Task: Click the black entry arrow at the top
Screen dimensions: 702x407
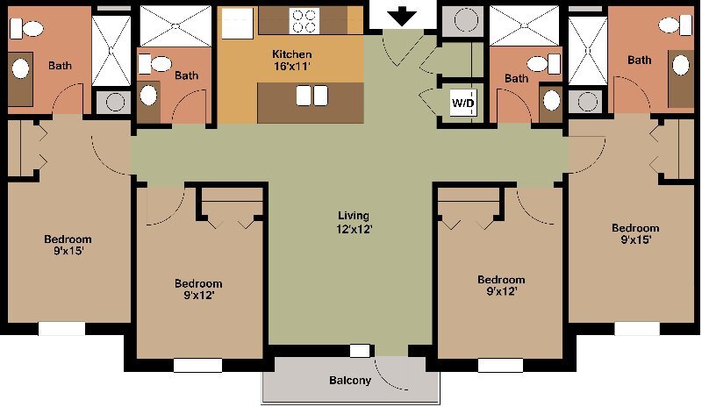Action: (402, 18)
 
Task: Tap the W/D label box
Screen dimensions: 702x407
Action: (463, 104)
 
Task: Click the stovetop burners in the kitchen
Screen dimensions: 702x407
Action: (304, 21)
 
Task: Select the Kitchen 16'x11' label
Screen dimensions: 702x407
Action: (292, 60)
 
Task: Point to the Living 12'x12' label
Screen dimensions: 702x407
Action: (355, 222)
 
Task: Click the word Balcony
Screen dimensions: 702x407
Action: (350, 381)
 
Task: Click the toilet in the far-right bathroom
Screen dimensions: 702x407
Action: (675, 25)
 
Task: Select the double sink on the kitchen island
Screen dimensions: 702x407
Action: (312, 96)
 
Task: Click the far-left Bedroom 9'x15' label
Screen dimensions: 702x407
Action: (68, 245)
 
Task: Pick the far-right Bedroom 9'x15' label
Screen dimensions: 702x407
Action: (635, 233)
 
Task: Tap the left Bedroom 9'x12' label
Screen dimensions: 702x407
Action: (198, 289)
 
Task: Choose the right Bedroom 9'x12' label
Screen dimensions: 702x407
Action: (501, 286)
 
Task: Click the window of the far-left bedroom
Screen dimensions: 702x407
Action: (61, 329)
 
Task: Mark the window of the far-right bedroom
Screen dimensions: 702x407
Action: (637, 329)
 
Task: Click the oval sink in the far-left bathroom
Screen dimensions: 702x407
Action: (20, 69)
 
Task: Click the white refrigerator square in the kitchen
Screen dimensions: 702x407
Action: (238, 22)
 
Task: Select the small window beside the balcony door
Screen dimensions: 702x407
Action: (360, 351)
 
